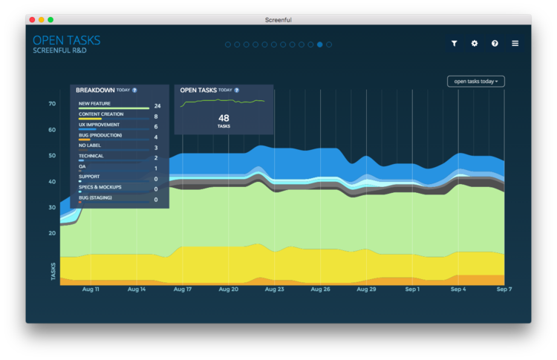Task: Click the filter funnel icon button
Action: tap(455, 44)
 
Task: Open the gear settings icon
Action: tap(475, 44)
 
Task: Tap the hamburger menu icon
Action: tap(515, 44)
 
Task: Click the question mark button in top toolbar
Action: tap(495, 44)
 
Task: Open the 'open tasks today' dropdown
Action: tap(476, 81)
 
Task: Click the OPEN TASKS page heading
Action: tap(66, 40)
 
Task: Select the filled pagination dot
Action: tap(320, 45)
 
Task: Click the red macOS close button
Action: tap(32, 19)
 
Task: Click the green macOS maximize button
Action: tap(51, 19)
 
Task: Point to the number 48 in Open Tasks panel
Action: tap(224, 118)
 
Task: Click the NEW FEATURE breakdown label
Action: tap(95, 104)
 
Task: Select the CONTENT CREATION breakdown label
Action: tap(101, 114)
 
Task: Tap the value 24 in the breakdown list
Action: tap(157, 106)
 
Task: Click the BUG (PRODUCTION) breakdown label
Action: tap(100, 135)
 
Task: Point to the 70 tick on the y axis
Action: tap(53, 104)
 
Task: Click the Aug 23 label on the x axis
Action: tap(275, 289)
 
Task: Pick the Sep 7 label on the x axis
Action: tap(504, 289)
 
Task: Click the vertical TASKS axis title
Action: tap(53, 272)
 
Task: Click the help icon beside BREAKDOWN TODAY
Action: tap(134, 90)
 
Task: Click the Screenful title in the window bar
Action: tap(278, 19)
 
